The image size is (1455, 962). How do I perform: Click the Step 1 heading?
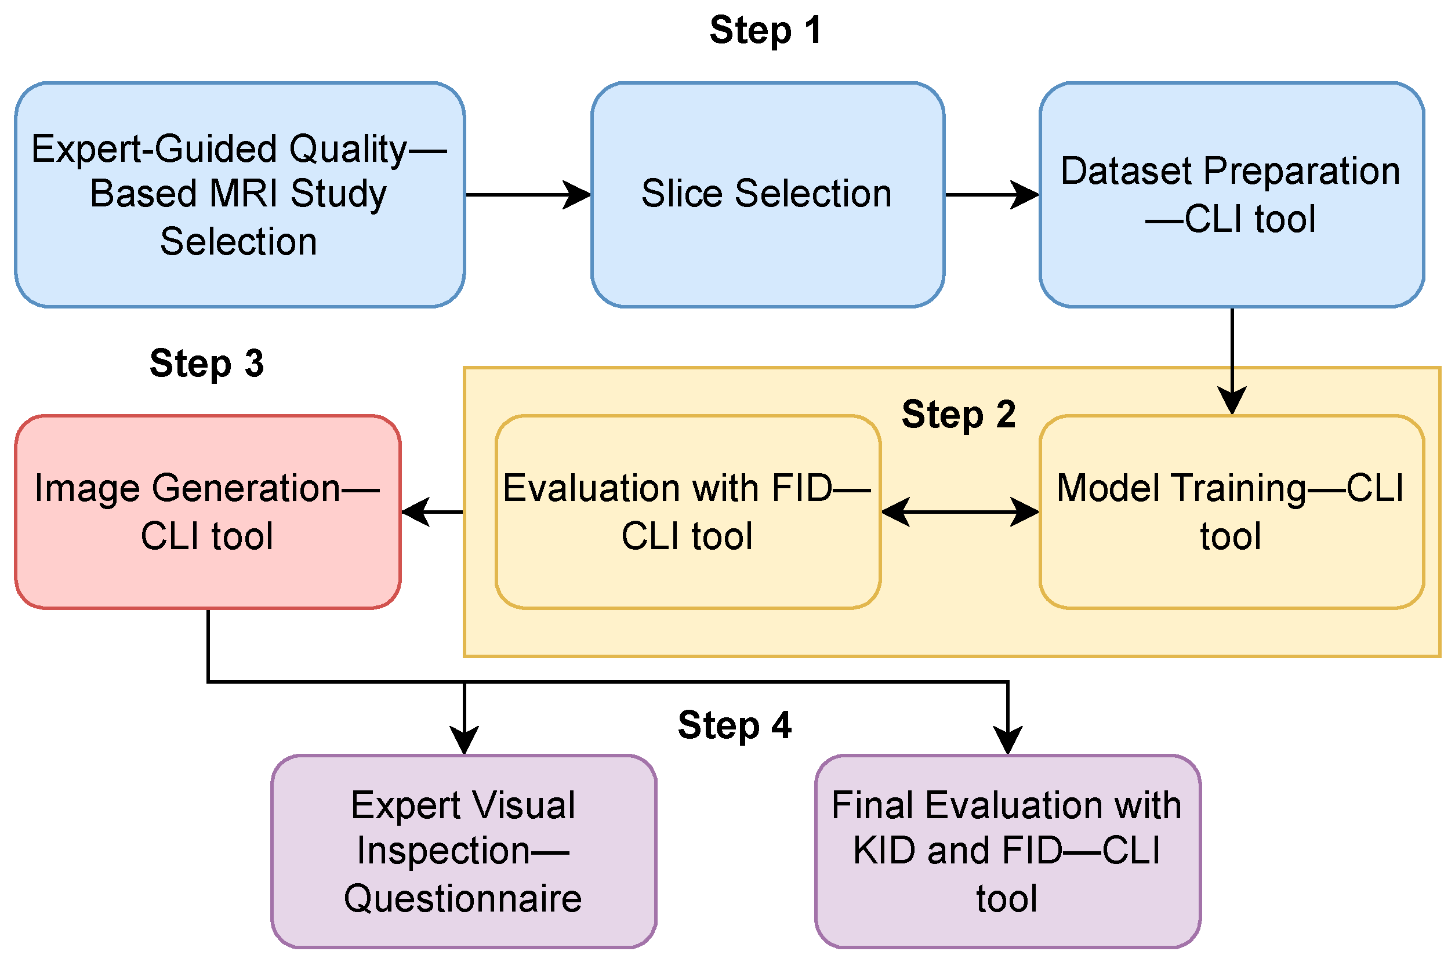point(765,31)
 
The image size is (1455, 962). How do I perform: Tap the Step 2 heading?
point(958,415)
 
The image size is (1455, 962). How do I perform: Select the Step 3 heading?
point(206,364)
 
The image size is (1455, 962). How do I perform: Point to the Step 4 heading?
point(734,726)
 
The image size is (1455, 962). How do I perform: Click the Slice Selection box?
point(767,194)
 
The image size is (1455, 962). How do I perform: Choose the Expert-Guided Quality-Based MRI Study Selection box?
point(240,194)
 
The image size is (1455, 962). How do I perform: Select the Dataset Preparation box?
point(1232,194)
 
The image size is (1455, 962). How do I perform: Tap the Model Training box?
point(1232,512)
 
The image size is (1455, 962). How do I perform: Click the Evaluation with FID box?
point(688,512)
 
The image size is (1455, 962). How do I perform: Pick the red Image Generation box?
point(208,512)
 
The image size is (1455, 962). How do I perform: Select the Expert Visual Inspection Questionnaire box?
point(464,852)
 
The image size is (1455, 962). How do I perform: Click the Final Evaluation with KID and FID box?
point(1008,852)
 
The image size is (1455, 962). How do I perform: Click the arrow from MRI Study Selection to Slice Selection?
point(528,195)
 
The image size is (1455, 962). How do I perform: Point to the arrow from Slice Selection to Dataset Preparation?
point(992,195)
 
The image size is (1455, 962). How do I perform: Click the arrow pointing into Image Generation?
point(433,511)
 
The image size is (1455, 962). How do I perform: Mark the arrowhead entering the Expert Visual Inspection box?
point(465,740)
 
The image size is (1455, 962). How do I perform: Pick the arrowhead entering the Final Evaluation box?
point(1008,740)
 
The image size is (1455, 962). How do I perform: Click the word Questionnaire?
point(463,899)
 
